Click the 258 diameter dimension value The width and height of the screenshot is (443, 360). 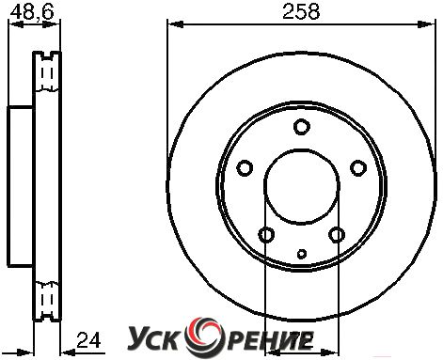coord(301,12)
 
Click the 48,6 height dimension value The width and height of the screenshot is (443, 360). coord(32,12)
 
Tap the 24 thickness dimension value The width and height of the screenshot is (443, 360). coord(88,340)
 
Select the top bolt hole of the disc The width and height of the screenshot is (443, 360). coord(302,127)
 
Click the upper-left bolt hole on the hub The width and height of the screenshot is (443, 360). coord(245,168)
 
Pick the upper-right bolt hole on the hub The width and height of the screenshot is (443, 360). coord(358,168)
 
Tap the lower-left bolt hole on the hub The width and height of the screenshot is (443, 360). coord(266,235)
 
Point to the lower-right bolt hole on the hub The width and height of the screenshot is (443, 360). coord(337,235)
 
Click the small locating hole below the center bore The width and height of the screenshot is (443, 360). coord(302,254)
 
